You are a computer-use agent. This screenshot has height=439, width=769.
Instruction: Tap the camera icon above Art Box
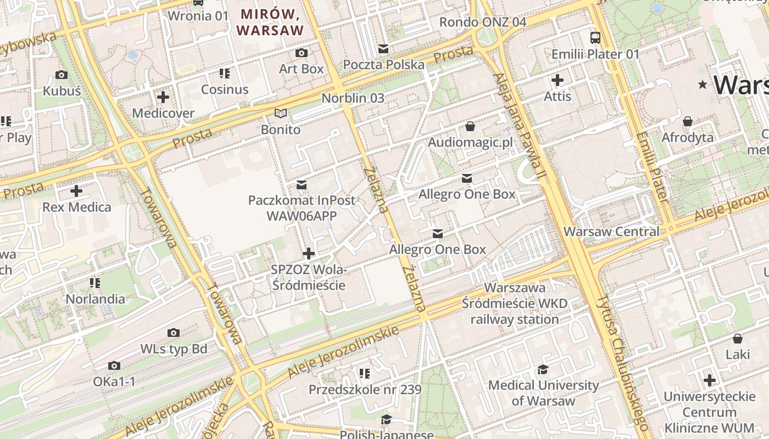(302, 53)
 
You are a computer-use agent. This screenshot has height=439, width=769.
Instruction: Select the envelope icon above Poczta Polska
(383, 49)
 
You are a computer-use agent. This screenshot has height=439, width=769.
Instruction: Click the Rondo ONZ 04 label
(483, 22)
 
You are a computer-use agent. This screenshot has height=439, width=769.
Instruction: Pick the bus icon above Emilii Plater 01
(595, 37)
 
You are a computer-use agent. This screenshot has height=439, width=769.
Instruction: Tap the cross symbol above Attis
(558, 80)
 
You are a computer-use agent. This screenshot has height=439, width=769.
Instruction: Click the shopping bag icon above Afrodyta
(687, 121)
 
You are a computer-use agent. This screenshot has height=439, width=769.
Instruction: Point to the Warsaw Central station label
(611, 232)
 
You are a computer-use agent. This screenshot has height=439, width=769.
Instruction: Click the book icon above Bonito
(281, 114)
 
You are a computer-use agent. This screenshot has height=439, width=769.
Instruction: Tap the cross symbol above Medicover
(163, 97)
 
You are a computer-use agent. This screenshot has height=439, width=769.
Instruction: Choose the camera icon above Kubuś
(62, 75)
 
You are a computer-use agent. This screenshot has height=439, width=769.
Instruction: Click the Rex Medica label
(76, 207)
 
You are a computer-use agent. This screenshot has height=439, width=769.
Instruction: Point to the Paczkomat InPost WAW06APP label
(302, 208)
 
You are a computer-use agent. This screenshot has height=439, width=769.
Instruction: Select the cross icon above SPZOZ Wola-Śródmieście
(309, 253)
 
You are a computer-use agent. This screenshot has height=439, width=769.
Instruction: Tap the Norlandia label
(95, 299)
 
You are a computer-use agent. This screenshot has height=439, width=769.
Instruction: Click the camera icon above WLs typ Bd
(174, 333)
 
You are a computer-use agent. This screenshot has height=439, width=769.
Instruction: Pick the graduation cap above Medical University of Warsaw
(543, 369)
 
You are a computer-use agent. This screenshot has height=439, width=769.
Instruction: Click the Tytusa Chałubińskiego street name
(623, 363)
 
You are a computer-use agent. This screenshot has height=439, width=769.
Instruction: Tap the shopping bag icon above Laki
(738, 339)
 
